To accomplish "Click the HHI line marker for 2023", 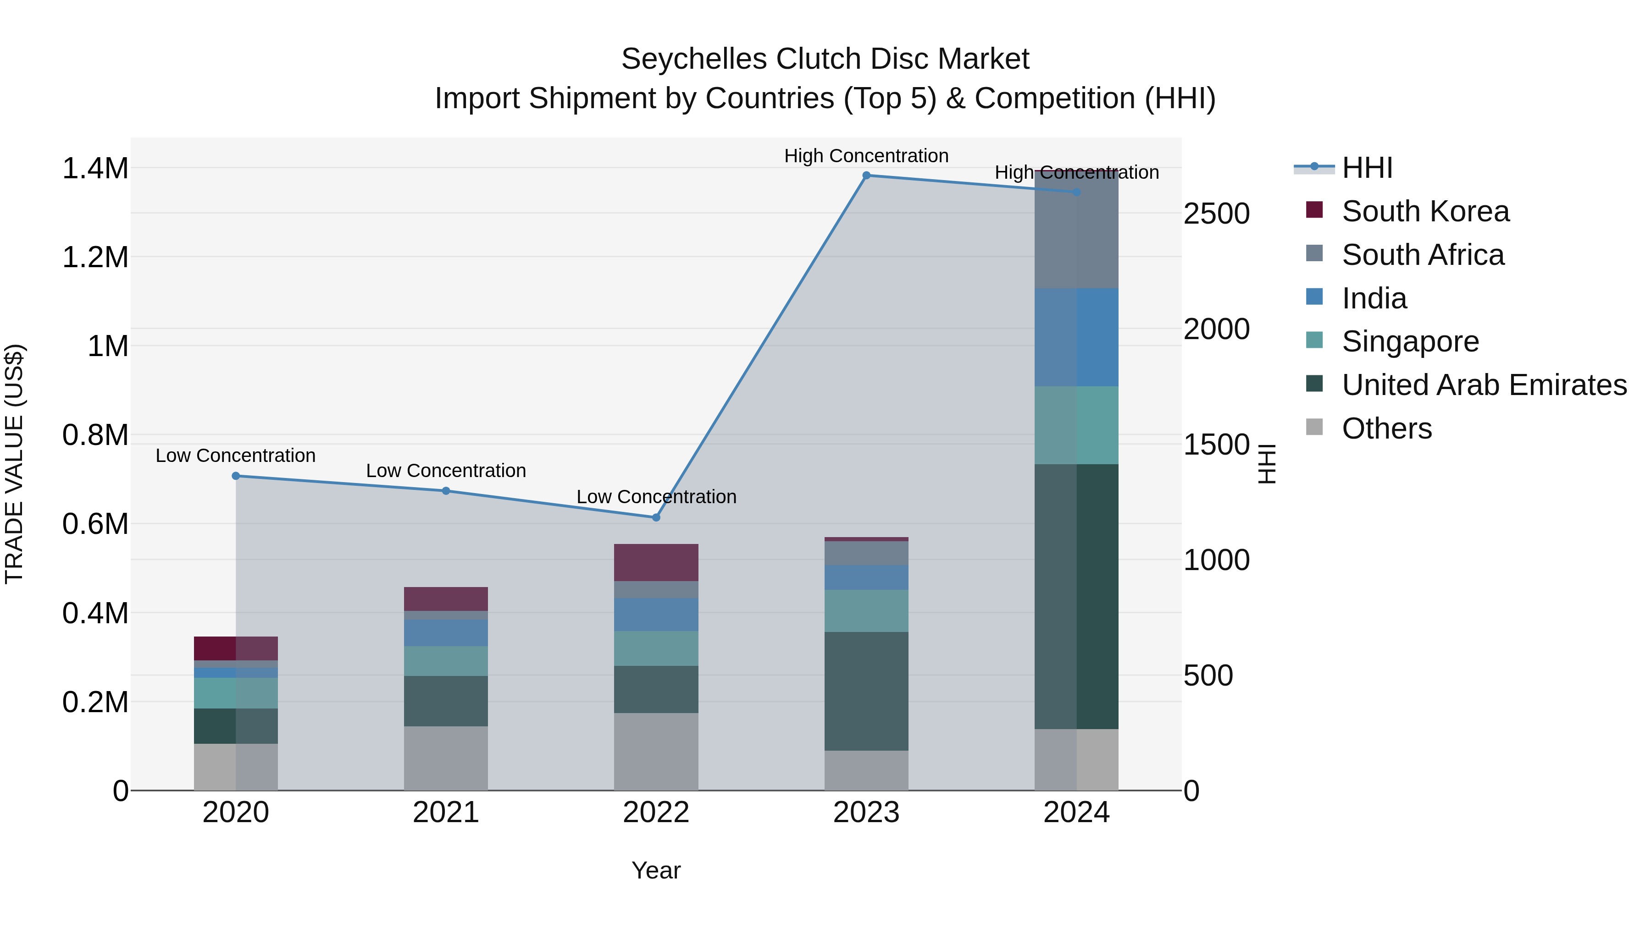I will click(x=866, y=176).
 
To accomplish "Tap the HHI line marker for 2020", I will click(x=236, y=476).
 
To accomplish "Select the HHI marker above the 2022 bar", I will click(x=656, y=517).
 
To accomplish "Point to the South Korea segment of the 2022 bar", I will click(x=656, y=562).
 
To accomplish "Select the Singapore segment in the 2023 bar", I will click(x=866, y=610).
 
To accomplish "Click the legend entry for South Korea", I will click(x=1425, y=211).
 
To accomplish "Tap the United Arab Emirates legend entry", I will click(x=1484, y=385).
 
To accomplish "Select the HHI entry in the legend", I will click(x=1367, y=168).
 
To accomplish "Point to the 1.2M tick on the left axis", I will click(x=95, y=258).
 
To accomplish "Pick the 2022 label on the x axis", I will click(x=656, y=812).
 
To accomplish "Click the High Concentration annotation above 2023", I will click(x=866, y=156).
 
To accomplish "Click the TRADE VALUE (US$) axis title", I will click(x=14, y=464).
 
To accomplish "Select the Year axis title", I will click(x=656, y=870).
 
